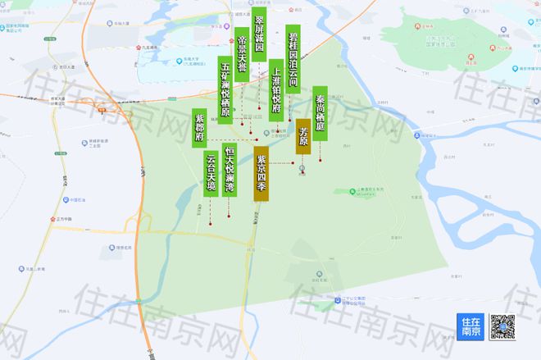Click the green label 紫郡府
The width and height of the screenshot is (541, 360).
200,128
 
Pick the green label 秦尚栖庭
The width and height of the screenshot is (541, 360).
320,113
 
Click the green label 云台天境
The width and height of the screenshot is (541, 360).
211,175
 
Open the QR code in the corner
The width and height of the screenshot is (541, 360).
502,327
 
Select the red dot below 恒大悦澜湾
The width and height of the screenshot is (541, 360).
229,216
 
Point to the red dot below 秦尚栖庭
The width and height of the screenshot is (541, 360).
320,159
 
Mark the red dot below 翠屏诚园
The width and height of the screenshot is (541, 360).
259,109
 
